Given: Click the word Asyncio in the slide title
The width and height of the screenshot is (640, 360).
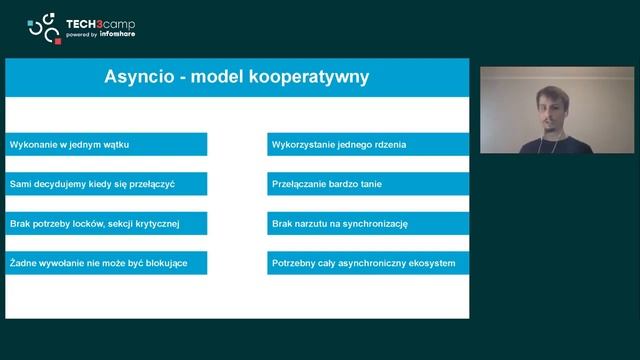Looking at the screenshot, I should click(141, 77).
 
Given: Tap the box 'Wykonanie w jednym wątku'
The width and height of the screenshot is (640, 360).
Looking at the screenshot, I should click(106, 144).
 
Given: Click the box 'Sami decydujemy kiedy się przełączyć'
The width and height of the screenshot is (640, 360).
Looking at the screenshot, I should click(106, 184).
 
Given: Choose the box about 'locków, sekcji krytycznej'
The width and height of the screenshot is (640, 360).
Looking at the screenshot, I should click(106, 224).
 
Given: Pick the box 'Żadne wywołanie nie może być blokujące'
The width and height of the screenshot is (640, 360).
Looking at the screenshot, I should click(106, 263).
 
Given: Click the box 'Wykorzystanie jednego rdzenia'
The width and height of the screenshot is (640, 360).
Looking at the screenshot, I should click(367, 144).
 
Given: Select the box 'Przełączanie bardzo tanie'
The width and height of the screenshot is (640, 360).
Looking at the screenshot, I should click(367, 184).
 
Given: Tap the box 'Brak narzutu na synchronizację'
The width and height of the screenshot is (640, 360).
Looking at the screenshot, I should click(367, 224).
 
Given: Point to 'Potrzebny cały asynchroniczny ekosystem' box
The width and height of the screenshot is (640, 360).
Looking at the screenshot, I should click(367, 263).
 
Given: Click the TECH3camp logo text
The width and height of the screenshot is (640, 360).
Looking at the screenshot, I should click(101, 22).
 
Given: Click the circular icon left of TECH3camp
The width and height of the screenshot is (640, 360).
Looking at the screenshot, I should click(44, 29).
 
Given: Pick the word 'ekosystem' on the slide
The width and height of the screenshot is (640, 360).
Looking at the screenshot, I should click(432, 264).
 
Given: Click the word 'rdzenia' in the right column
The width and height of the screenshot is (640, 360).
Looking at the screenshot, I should click(389, 144).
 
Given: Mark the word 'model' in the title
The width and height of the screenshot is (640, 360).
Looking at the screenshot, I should click(224, 77).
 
